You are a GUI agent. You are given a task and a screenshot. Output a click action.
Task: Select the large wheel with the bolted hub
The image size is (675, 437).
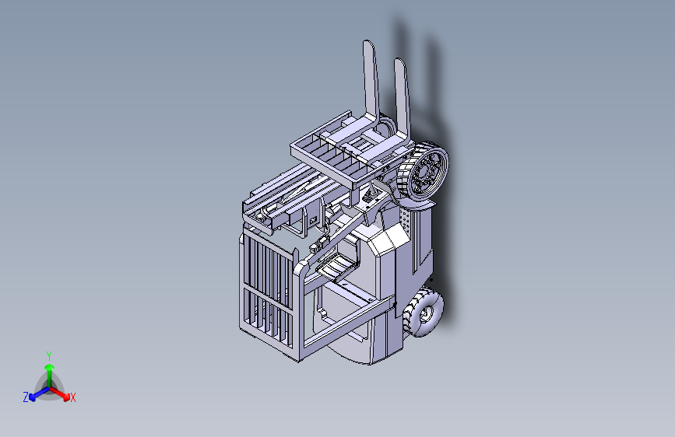coord(424,172)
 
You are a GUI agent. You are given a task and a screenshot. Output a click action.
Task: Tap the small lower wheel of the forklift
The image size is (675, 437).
coord(424,313)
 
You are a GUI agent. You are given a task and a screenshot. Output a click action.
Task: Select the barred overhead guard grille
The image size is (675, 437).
coord(268,292)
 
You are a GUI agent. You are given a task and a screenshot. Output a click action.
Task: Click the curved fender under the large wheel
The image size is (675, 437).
coord(413,205)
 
